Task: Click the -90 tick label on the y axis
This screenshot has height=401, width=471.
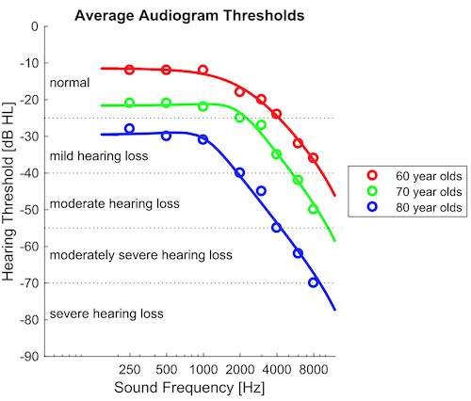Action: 30,357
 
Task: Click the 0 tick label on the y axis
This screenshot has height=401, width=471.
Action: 36,26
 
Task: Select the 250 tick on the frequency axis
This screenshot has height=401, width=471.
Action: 130,370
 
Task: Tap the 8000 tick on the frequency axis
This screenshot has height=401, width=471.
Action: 313,370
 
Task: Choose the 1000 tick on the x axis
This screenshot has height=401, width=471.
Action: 203,370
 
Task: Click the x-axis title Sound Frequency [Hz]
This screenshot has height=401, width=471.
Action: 189,388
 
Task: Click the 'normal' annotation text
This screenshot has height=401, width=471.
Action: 70,83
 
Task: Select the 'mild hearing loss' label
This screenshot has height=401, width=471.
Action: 97,154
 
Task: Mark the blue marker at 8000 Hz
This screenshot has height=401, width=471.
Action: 313,282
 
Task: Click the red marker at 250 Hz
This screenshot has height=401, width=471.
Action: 130,70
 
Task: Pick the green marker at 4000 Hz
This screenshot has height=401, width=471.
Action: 276,154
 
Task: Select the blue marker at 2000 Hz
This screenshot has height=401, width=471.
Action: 239,173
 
